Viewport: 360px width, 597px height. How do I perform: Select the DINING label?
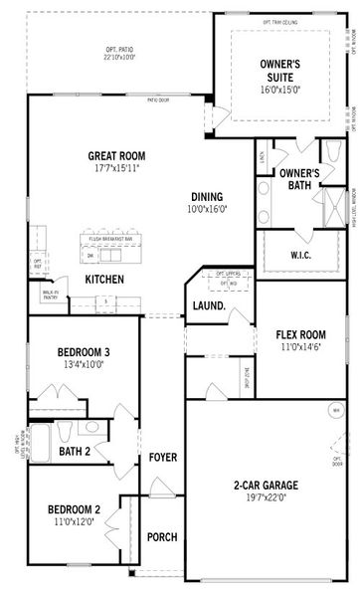[208, 196]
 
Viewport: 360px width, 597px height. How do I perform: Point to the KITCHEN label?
[104, 280]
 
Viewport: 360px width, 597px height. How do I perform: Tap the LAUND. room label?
[208, 306]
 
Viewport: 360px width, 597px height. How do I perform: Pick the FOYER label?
[163, 458]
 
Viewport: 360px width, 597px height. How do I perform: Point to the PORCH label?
[162, 537]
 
